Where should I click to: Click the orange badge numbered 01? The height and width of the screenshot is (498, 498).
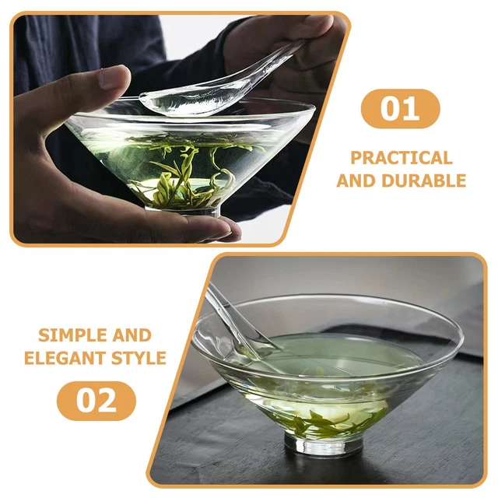(400, 109)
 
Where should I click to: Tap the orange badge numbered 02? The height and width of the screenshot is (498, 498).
(96, 401)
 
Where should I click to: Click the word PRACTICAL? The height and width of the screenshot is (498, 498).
(401, 158)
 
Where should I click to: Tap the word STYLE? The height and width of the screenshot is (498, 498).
(140, 358)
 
